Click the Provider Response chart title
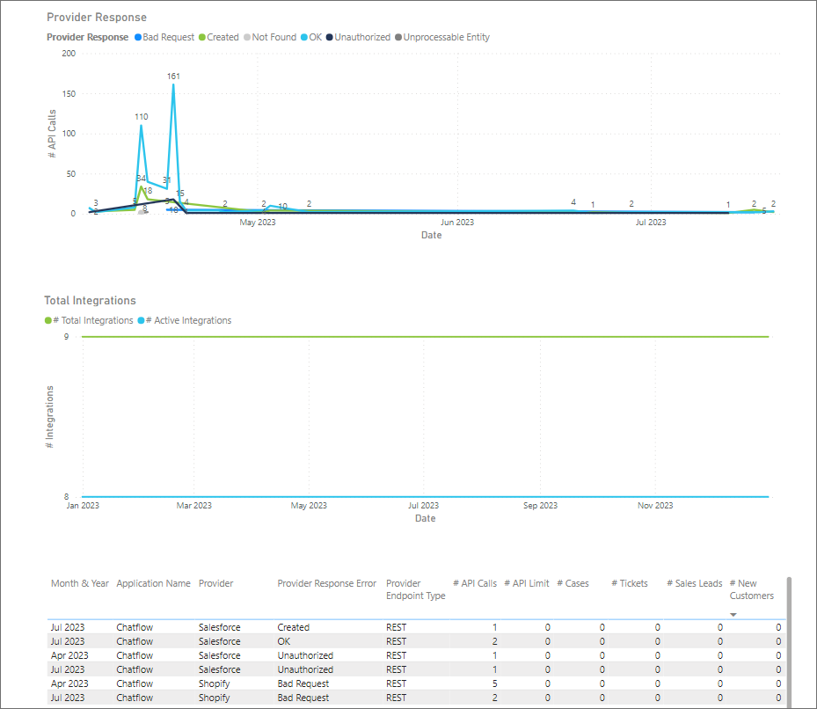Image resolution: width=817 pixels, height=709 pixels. pyautogui.click(x=97, y=18)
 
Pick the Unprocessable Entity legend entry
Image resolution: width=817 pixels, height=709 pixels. pyautogui.click(x=446, y=38)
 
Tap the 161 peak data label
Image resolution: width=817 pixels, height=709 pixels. pyautogui.click(x=173, y=77)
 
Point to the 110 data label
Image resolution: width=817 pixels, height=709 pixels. pyautogui.click(x=142, y=117)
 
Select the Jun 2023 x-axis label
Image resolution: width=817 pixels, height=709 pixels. pyautogui.click(x=457, y=223)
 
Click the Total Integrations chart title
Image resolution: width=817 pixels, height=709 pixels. pyautogui.click(x=91, y=301)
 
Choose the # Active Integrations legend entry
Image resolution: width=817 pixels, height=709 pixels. pyautogui.click(x=188, y=321)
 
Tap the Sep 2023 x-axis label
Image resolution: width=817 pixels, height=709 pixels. pyautogui.click(x=540, y=506)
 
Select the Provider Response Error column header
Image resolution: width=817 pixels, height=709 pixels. pyautogui.click(x=326, y=583)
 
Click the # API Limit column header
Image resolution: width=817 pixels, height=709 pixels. pyautogui.click(x=527, y=583)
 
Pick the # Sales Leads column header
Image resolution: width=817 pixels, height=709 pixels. pyautogui.click(x=695, y=583)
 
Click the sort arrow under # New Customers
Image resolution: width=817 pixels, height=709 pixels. pyautogui.click(x=733, y=615)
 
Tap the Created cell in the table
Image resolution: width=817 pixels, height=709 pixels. pyautogui.click(x=294, y=627)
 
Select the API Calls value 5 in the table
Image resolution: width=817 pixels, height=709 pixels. pyautogui.click(x=493, y=683)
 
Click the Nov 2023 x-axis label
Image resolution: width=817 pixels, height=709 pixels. pyautogui.click(x=655, y=506)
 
